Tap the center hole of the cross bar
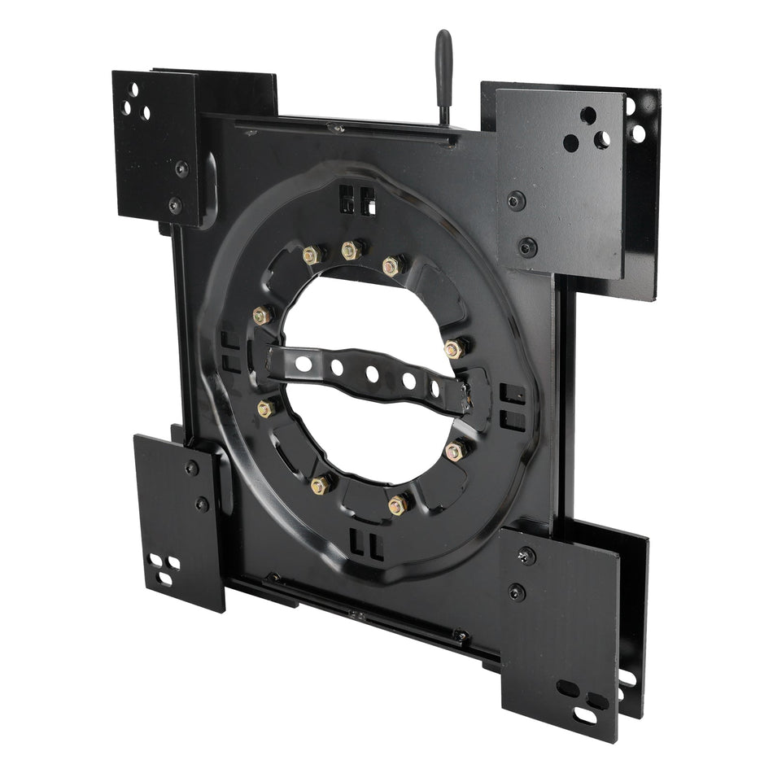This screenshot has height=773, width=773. click(x=372, y=373)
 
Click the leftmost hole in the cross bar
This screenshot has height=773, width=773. click(x=304, y=364)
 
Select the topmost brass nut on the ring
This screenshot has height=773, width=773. click(x=352, y=250)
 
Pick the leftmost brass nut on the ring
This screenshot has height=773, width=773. click(x=262, y=316)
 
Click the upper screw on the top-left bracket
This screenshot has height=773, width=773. click(x=181, y=169)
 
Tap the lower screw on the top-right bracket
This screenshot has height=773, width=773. click(x=527, y=245)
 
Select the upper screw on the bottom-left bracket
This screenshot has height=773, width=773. click(x=192, y=468)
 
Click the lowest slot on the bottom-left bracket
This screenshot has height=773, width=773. click(x=165, y=578)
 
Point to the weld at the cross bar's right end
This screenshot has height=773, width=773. click(x=470, y=397)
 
